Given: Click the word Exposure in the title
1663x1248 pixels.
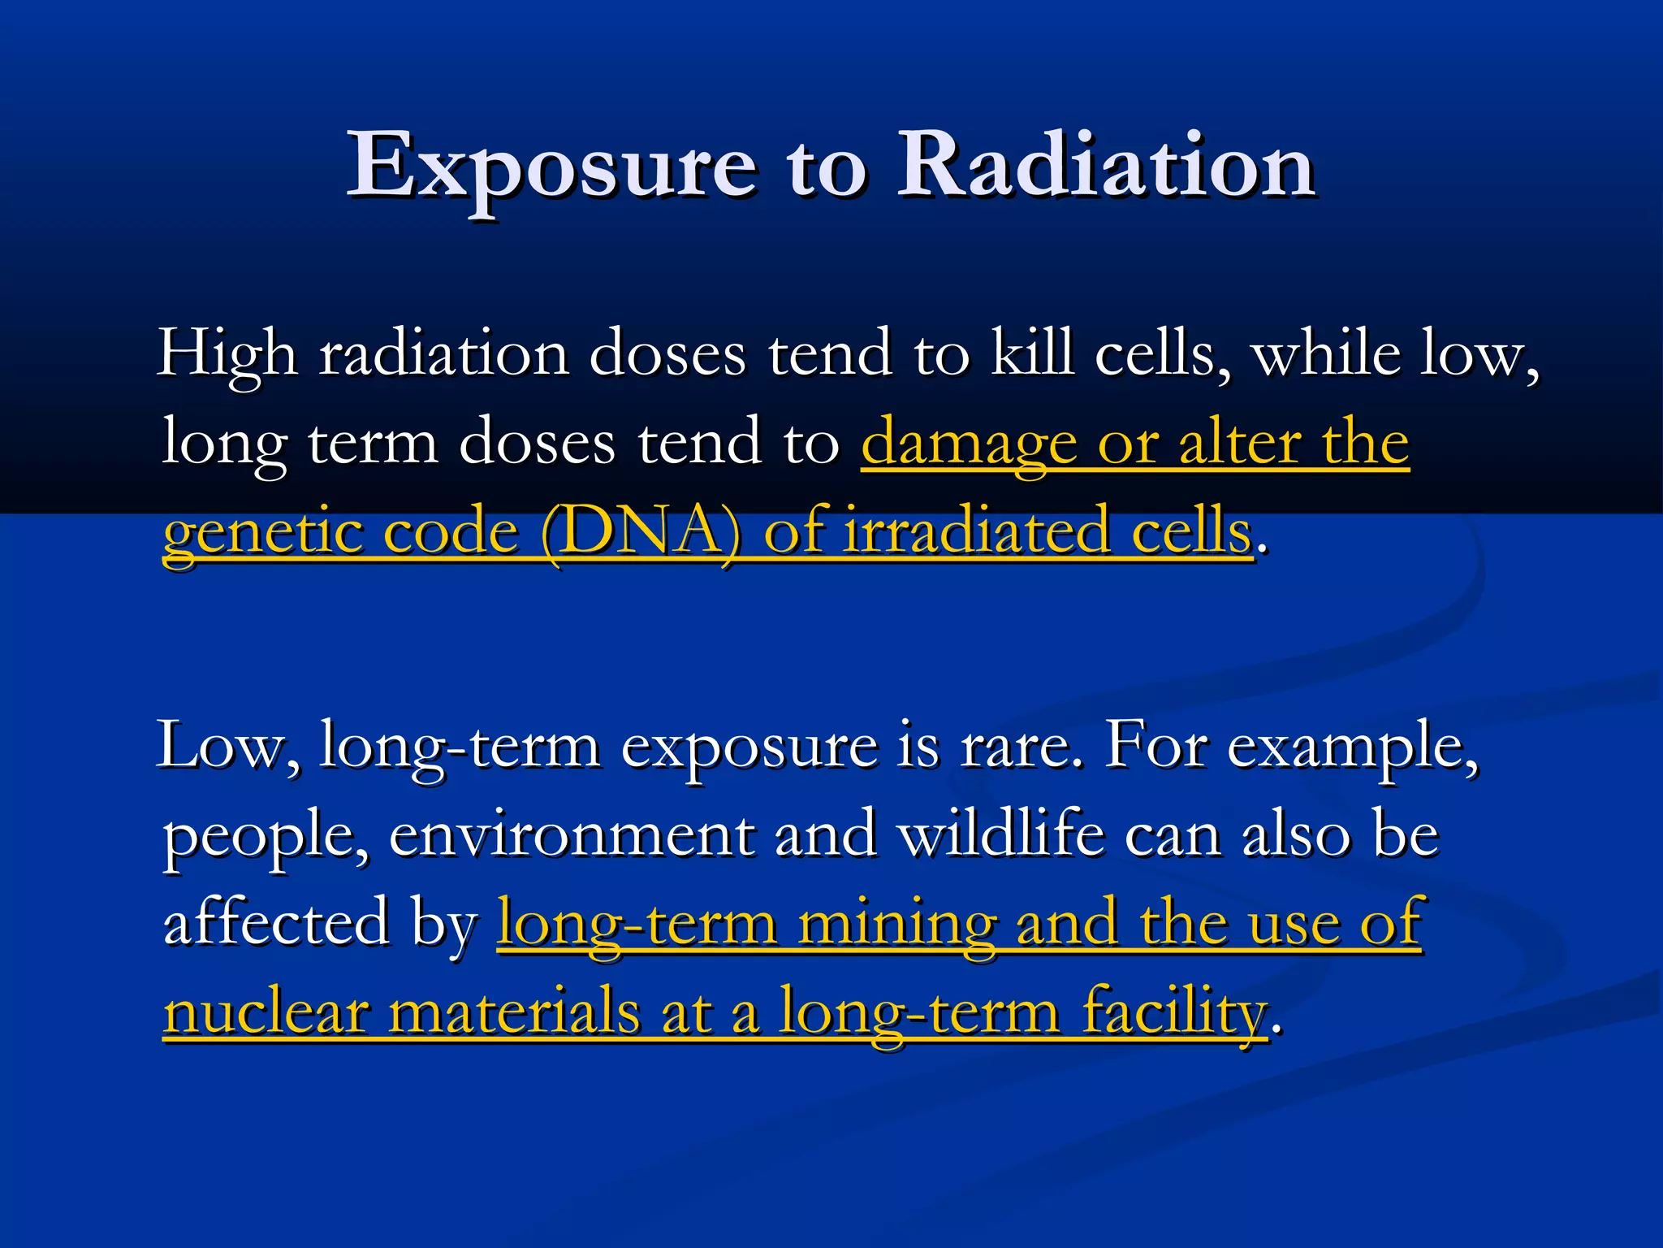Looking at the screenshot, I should pos(552,167).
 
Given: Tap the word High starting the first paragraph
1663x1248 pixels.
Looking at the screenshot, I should pos(227,354).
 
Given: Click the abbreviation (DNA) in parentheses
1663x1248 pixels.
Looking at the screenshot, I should pos(641,533).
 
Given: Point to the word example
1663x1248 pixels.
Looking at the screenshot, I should pos(1351,747).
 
